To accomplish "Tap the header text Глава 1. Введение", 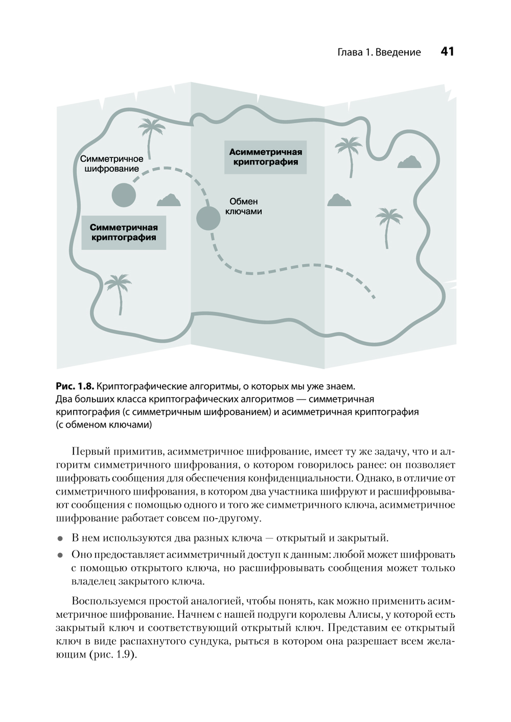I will click(379, 52).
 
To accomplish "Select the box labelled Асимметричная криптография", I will click(265, 157).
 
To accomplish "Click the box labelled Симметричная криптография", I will click(124, 232).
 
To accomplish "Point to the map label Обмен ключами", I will click(243, 206).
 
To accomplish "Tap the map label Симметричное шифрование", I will click(112, 164).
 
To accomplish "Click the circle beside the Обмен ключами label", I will click(208, 218).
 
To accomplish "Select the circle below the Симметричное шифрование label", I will click(124, 195).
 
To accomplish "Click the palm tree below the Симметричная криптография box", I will click(119, 292).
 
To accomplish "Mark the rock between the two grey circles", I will click(169, 200).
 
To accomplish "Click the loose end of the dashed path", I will click(375, 297).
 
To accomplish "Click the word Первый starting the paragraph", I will click(89, 452).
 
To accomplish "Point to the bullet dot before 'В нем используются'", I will click(60, 539).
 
